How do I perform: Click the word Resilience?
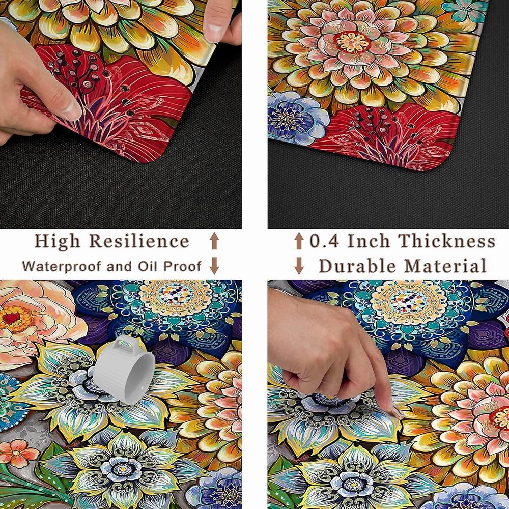tap(139, 241)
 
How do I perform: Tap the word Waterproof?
tap(62, 266)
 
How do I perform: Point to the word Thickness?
tap(447, 241)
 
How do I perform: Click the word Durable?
tap(357, 266)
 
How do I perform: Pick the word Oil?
tap(148, 266)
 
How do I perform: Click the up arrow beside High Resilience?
tap(214, 241)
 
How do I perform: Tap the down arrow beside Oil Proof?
tap(214, 266)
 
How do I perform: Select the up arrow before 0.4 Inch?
tap(299, 241)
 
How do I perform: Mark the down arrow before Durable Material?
tap(299, 266)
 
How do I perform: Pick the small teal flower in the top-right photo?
tap(466, 10)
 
